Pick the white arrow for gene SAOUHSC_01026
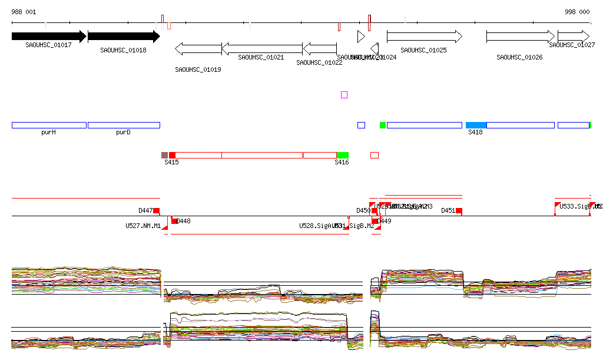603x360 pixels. [x=520, y=37]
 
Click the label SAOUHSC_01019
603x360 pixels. [x=198, y=70]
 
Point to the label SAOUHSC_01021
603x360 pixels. [x=261, y=57]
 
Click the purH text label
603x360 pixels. [x=48, y=133]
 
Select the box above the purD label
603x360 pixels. [x=124, y=125]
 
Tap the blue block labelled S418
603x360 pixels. [x=476, y=125]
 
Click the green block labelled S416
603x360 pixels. [x=342, y=155]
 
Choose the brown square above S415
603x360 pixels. [x=164, y=155]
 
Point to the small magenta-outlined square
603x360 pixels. [x=344, y=95]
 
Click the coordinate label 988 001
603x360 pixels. [x=24, y=12]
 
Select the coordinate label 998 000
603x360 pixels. [x=577, y=12]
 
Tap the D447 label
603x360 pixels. [x=145, y=210]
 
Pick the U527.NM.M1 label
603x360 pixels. [x=143, y=226]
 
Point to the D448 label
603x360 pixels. [x=184, y=222]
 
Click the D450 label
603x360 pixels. [x=363, y=210]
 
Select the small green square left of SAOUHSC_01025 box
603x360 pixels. [x=383, y=125]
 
